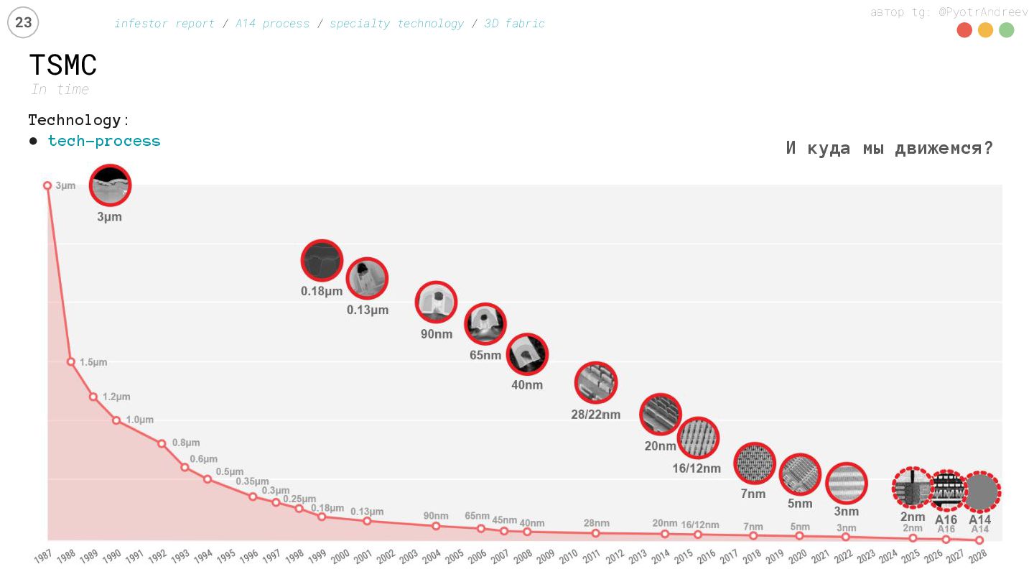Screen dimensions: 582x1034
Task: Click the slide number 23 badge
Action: [x=23, y=23]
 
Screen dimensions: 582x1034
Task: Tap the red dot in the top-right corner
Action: [x=964, y=30]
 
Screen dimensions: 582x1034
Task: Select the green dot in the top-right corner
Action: [x=1006, y=30]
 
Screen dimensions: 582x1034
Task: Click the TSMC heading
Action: [x=63, y=65]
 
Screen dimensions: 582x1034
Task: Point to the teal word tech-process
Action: [x=104, y=141]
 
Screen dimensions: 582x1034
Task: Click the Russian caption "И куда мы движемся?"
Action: [x=889, y=148]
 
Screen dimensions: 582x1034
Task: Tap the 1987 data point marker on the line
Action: [x=47, y=185]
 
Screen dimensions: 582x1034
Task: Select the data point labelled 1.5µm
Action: [x=70, y=361]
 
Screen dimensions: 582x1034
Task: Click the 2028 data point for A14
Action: [x=979, y=540]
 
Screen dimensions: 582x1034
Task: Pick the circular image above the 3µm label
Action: [x=110, y=185]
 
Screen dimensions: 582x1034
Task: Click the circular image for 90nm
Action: [x=437, y=302]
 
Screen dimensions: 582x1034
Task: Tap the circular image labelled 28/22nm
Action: [x=596, y=382]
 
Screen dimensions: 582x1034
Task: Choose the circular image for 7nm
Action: [x=754, y=463]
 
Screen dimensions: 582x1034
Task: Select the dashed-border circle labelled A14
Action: [x=981, y=492]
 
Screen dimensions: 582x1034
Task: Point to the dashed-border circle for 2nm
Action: [x=912, y=488]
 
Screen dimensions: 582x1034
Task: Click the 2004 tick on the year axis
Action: [x=431, y=557]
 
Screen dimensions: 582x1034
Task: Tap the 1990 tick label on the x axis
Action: [x=111, y=557]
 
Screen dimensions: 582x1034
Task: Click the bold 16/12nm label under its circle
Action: [x=696, y=468]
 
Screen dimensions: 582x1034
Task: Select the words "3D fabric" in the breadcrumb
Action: [x=514, y=24]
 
